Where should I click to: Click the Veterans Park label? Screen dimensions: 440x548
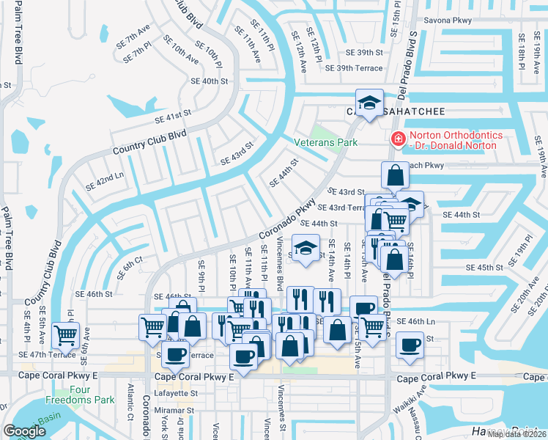point(325,142)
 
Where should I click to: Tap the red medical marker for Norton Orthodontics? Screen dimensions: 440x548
point(398,138)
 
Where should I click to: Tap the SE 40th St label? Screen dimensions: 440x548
point(209,81)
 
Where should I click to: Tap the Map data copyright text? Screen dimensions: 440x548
point(516,433)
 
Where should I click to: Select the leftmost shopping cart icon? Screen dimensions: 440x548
point(67,334)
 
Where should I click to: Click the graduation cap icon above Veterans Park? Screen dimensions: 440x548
point(369,101)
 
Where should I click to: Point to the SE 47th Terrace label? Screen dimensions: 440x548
point(49,354)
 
